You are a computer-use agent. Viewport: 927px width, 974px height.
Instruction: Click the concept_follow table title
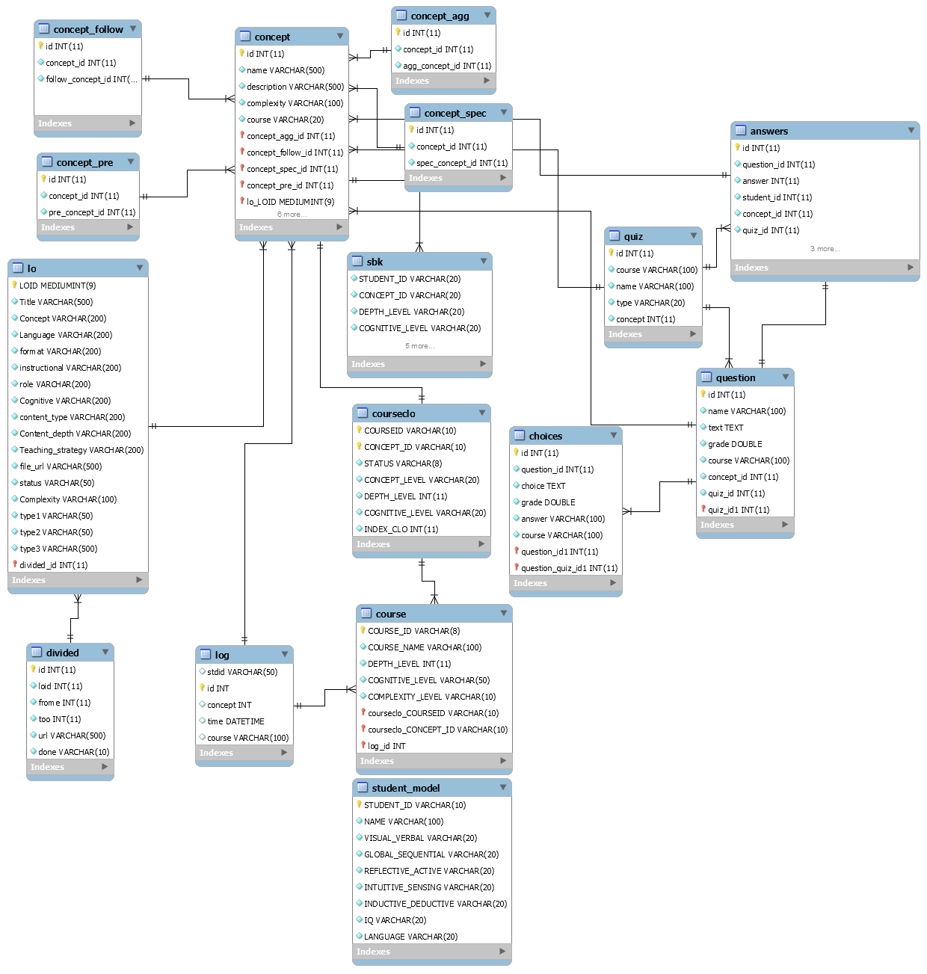pos(87,29)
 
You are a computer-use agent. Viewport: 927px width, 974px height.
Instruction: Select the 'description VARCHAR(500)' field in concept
pos(295,87)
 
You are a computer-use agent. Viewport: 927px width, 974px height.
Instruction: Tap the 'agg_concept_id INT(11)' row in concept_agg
pos(446,66)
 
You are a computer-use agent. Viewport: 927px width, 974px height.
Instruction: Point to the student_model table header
pos(405,788)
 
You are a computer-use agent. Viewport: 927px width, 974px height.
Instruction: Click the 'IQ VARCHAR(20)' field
pos(395,920)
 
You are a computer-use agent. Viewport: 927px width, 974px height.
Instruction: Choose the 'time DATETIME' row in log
pos(235,721)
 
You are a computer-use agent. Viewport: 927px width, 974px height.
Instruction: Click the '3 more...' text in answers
pos(825,249)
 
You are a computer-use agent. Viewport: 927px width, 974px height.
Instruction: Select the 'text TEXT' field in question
pos(725,428)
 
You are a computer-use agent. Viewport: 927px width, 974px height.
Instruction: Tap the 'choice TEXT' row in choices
pos(543,486)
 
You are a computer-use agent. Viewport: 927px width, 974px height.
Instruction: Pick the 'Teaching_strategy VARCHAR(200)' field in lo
pos(81,450)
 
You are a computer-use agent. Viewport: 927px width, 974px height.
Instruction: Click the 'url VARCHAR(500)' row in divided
pos(72,736)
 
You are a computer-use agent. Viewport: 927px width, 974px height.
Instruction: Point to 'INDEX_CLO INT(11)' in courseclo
pos(401,529)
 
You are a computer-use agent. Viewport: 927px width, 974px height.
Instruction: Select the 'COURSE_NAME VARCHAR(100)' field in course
pos(424,647)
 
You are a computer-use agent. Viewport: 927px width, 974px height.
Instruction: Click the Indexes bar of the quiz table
pos(653,334)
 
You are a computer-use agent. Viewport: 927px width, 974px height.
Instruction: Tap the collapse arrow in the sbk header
pos(484,261)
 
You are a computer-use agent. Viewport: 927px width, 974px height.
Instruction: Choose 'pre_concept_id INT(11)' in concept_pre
pos(92,212)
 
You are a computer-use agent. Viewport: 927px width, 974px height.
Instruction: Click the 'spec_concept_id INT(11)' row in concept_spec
pos(461,163)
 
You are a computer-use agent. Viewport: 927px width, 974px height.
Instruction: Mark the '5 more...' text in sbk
pos(419,346)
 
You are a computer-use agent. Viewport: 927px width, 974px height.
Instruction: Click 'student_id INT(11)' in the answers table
pos(777,197)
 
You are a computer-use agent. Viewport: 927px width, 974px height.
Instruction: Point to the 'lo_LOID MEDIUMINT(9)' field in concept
pos(290,202)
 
